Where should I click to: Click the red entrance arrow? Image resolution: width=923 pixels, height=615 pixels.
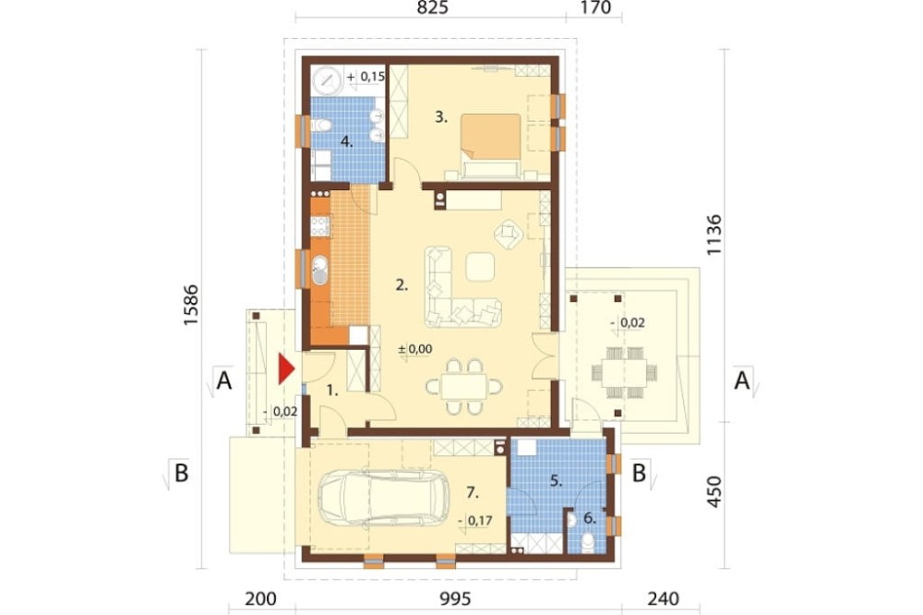click(x=286, y=368)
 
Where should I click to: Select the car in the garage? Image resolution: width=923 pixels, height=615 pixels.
click(x=383, y=498)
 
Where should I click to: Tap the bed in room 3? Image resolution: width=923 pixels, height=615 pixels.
click(x=491, y=145)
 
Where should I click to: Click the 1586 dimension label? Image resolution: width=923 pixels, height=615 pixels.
click(x=190, y=306)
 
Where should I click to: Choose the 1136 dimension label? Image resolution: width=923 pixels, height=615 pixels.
click(x=713, y=235)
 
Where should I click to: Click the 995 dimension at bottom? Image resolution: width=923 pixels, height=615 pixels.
click(x=455, y=599)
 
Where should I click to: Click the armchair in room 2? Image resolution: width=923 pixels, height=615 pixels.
click(x=509, y=234)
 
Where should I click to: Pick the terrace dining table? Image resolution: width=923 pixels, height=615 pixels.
click(x=625, y=373)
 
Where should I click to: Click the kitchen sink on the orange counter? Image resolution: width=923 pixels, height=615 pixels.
click(x=319, y=271)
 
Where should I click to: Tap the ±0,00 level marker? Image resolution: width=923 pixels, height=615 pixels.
click(x=415, y=349)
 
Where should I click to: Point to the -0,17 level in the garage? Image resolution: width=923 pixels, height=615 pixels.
click(x=474, y=520)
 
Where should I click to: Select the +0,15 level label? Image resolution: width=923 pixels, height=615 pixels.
click(x=366, y=77)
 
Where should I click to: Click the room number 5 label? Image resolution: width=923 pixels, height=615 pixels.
click(x=556, y=481)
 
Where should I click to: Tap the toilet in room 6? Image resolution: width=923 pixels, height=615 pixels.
click(x=586, y=542)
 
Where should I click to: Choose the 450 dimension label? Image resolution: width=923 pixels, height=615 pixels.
click(x=713, y=492)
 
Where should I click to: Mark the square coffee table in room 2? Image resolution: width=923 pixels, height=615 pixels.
click(x=480, y=267)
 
